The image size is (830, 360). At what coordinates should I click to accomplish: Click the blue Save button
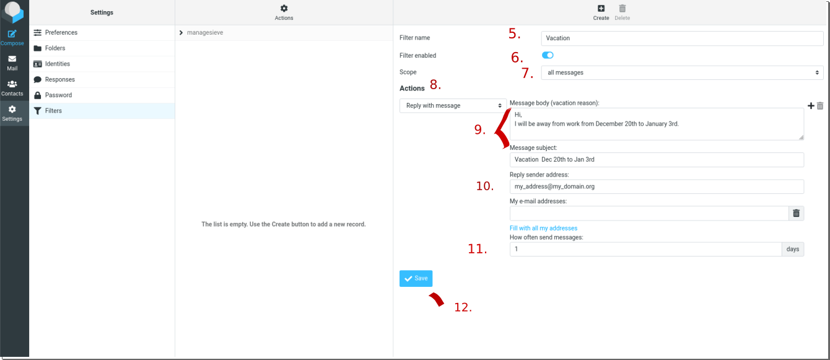click(416, 278)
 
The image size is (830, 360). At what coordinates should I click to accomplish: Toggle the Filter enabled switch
click(548, 55)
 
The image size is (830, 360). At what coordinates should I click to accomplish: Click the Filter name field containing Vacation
click(682, 38)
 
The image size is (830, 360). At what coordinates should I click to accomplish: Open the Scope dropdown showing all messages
click(682, 72)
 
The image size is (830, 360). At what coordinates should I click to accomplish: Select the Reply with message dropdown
click(453, 106)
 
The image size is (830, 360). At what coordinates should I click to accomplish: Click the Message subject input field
click(657, 160)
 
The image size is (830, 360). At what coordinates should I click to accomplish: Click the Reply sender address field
click(657, 187)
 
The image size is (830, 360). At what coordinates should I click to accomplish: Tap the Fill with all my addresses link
click(543, 228)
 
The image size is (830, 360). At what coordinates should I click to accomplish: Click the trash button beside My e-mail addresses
click(797, 213)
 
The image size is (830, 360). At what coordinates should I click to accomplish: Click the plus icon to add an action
click(811, 106)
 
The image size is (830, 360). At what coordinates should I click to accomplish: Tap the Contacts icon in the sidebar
click(12, 88)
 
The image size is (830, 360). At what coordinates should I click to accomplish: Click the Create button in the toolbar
click(601, 12)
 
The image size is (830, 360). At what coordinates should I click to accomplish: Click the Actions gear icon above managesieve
click(284, 9)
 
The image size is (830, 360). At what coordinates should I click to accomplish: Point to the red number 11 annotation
click(477, 248)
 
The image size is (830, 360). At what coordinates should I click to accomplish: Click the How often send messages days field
click(645, 249)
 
